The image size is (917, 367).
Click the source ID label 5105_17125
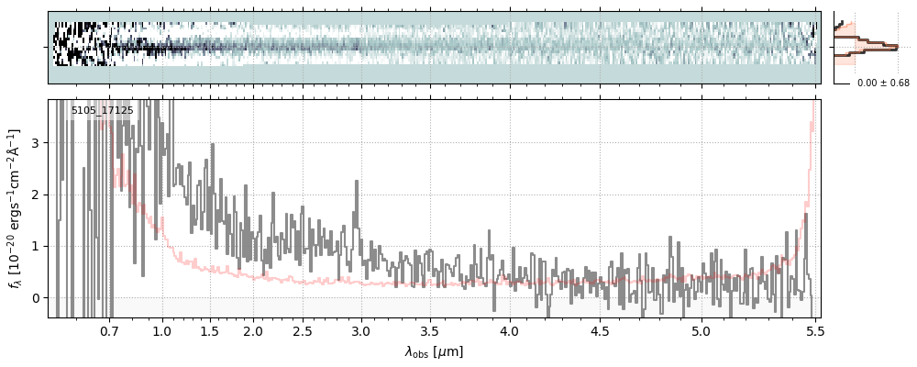tap(102, 111)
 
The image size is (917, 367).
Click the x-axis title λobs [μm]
tap(434, 351)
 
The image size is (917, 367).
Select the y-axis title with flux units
tap(16, 209)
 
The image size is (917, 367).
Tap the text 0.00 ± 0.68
tap(883, 83)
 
